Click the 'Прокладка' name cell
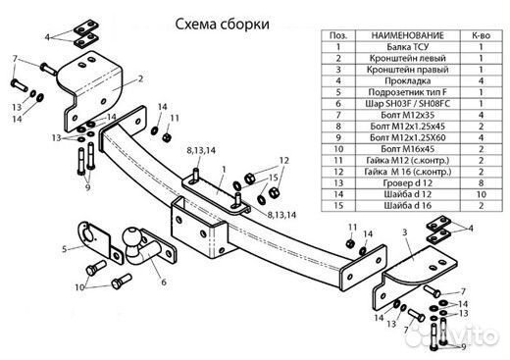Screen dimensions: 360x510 tap(402, 84)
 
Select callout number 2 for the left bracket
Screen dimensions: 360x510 tap(141, 77)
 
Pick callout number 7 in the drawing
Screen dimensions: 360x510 tap(15, 59)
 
